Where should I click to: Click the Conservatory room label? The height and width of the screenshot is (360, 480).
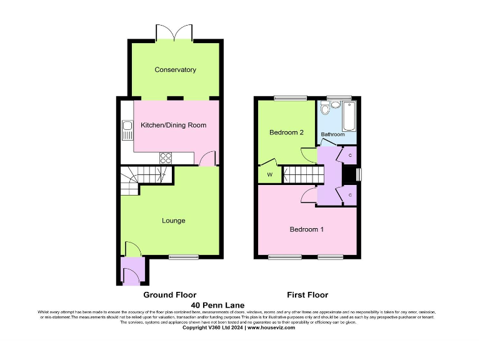(x=175, y=70)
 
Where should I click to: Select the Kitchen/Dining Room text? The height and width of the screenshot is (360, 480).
(x=173, y=125)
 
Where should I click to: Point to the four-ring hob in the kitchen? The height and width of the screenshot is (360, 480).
(x=166, y=157)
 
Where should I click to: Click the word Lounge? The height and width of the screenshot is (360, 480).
(x=173, y=221)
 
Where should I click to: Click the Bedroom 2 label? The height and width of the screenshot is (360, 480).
(x=286, y=132)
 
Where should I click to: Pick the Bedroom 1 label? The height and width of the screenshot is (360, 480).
(x=306, y=229)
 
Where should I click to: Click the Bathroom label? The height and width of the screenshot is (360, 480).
(x=332, y=134)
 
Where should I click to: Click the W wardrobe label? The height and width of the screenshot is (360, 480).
(x=270, y=174)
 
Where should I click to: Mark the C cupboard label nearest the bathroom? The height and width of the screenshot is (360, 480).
(x=350, y=155)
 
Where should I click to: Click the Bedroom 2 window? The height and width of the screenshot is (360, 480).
(x=287, y=97)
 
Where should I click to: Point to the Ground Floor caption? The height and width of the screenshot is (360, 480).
(x=170, y=295)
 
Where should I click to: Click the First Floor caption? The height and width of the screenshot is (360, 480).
(x=307, y=295)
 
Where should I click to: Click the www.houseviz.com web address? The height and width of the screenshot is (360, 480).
(x=271, y=327)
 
